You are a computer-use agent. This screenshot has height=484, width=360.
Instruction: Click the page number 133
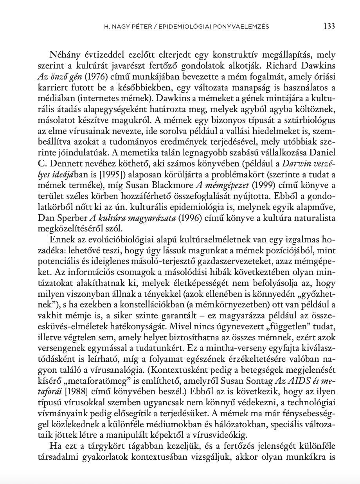pos(329,26)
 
